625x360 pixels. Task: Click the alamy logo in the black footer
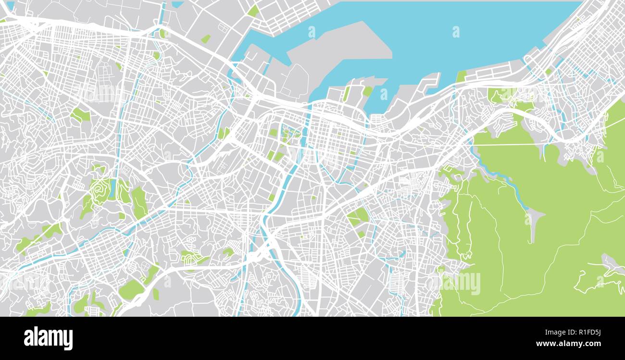tap(48, 338)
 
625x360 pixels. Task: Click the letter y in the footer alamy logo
tap(68, 340)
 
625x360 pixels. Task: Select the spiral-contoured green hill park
tap(100, 191)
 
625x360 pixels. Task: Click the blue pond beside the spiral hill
tap(112, 189)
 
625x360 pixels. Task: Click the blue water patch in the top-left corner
tap(10, 5)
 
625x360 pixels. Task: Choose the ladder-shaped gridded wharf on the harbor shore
tap(486, 73)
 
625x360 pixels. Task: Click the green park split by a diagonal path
tap(358, 217)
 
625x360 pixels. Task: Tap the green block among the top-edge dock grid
tap(253, 11)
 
